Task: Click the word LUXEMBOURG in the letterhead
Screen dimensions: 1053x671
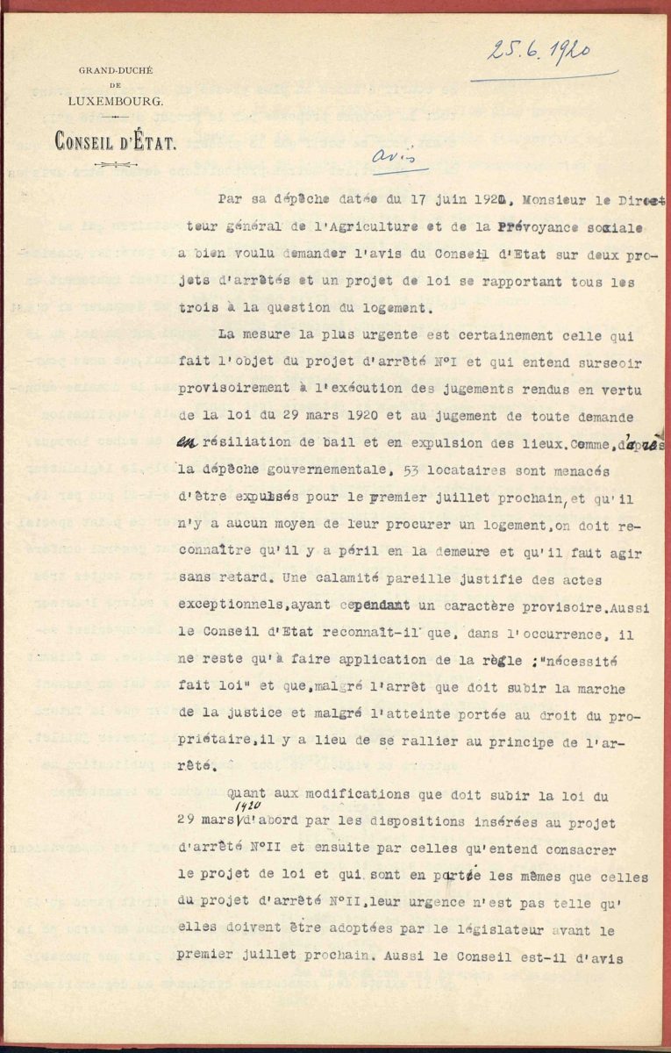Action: pos(121,102)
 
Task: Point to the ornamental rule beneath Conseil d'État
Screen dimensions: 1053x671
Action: pos(116,164)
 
